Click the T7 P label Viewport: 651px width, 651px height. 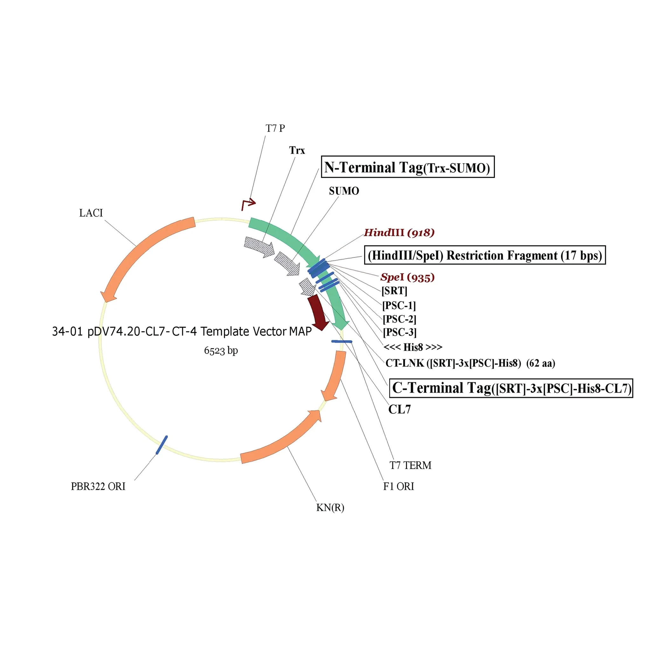click(x=275, y=128)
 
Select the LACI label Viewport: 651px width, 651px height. click(x=91, y=213)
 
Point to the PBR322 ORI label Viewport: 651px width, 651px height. click(x=98, y=487)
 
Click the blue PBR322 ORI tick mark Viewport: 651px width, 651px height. click(x=162, y=445)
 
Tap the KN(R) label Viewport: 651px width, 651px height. click(x=330, y=507)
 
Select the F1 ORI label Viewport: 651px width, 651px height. click(x=398, y=487)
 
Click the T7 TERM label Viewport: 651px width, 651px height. click(x=410, y=465)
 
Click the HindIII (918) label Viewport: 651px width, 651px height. click(x=399, y=232)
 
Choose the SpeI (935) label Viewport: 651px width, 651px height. click(x=407, y=277)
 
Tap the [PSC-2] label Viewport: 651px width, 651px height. click(x=399, y=319)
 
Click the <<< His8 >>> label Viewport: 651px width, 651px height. click(x=413, y=347)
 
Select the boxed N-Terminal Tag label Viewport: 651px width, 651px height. click(x=407, y=167)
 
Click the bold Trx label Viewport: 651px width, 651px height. click(x=297, y=150)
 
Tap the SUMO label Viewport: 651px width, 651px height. click(x=344, y=191)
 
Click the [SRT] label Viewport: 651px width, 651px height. click(x=394, y=291)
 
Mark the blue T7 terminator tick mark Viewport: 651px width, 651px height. click(x=342, y=341)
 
